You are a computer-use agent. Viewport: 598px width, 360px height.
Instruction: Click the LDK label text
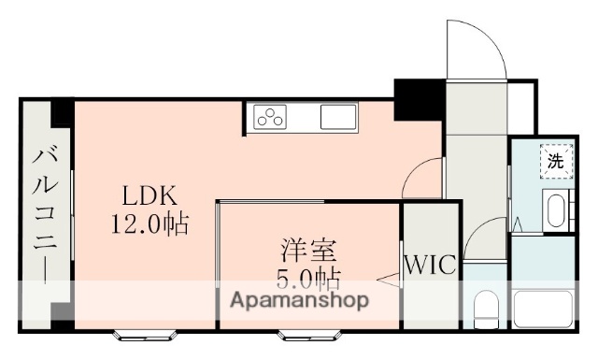click(x=148, y=197)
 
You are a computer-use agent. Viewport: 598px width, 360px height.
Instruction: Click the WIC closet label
click(x=431, y=265)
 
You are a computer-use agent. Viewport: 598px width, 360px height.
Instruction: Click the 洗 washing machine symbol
click(x=555, y=160)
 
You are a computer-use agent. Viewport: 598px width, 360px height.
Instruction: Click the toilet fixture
click(x=486, y=306)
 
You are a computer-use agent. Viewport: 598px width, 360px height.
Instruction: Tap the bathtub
click(x=542, y=308)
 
